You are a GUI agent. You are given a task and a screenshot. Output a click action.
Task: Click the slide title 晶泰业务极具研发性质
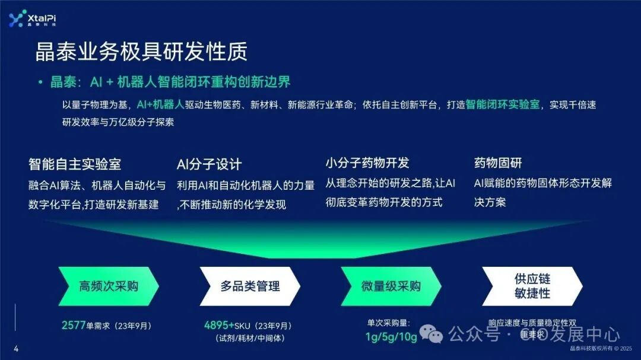click(141, 52)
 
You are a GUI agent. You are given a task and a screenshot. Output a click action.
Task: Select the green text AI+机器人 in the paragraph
click(160, 104)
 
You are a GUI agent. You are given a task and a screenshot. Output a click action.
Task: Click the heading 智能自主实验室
click(75, 164)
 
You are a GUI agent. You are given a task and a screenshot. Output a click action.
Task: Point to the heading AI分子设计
click(210, 164)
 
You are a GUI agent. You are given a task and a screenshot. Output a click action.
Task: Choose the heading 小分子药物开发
click(367, 163)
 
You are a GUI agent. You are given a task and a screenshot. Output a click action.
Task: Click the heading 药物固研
click(498, 163)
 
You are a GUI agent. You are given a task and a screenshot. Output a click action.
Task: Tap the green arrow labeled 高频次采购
click(109, 286)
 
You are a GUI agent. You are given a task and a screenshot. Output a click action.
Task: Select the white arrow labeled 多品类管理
click(250, 286)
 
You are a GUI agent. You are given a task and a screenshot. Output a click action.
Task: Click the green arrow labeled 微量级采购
click(391, 286)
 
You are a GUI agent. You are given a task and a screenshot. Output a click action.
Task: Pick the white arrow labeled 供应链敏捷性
click(532, 286)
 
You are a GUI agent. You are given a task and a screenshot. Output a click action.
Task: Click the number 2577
click(74, 325)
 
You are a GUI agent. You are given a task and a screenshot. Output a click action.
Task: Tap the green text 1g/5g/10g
click(391, 337)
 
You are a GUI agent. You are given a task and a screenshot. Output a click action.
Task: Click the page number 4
click(16, 349)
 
